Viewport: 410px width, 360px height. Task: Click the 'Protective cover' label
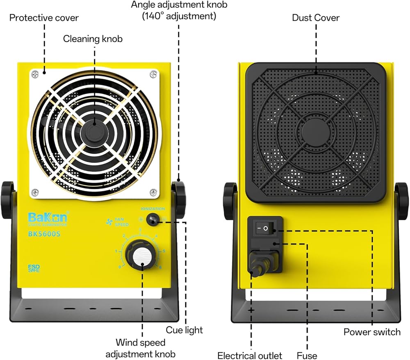click(x=44, y=18)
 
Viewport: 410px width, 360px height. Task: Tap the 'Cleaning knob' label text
click(x=93, y=39)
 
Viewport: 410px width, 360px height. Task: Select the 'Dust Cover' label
click(x=316, y=18)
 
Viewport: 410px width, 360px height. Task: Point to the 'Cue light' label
click(x=184, y=330)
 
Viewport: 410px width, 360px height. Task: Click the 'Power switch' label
click(x=372, y=332)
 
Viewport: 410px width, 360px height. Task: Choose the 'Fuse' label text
click(x=307, y=355)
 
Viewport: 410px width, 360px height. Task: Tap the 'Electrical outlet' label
click(x=250, y=355)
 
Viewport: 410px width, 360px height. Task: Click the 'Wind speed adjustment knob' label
click(x=141, y=348)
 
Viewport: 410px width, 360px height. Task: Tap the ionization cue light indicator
click(x=153, y=220)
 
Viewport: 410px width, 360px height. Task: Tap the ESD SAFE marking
click(x=34, y=269)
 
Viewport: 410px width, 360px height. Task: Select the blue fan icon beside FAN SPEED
click(x=108, y=222)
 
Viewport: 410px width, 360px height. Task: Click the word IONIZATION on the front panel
click(x=153, y=209)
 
